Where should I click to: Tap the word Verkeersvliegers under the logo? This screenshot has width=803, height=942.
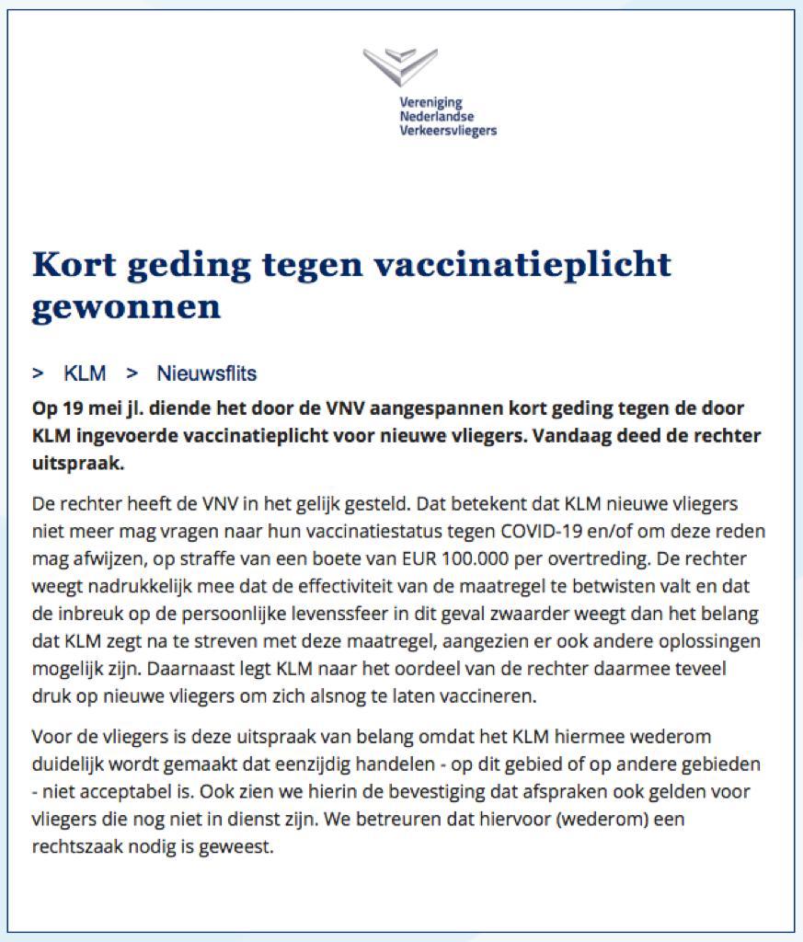448,131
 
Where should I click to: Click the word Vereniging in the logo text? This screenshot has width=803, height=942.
430,102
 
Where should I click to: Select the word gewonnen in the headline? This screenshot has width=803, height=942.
126,306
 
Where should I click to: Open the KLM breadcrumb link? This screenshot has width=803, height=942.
85,373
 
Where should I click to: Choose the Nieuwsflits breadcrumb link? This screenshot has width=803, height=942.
207,373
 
